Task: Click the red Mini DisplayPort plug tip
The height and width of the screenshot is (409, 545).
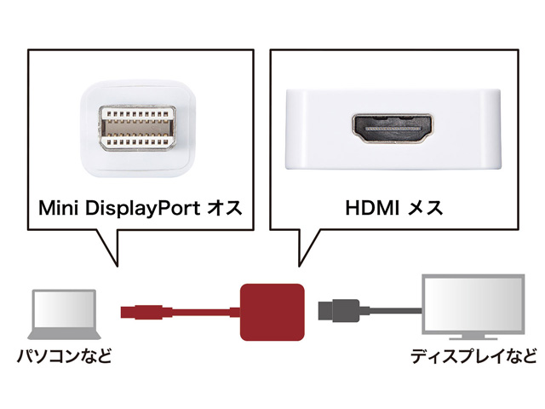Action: click(x=124, y=308)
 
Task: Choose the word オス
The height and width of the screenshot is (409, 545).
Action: click(x=226, y=207)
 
